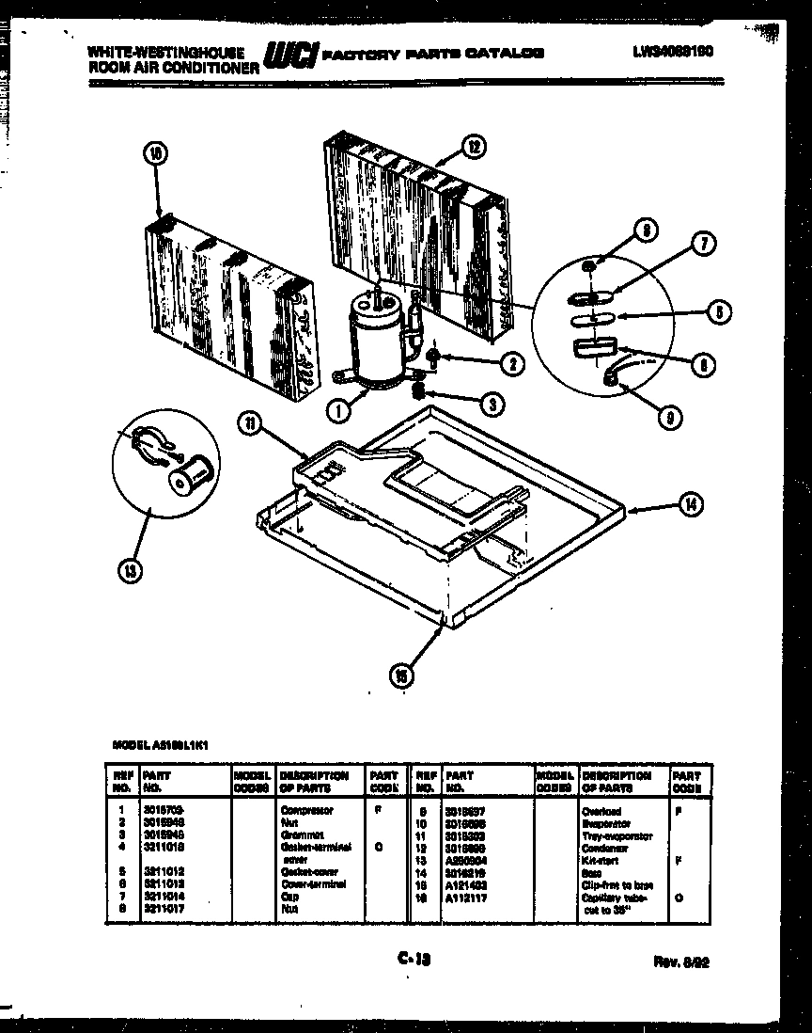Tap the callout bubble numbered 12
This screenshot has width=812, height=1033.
[474, 146]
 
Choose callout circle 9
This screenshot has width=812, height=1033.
[668, 419]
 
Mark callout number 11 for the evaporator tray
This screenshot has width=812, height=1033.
[249, 425]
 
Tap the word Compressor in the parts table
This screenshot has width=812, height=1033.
[306, 809]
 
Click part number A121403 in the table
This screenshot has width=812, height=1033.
[465, 885]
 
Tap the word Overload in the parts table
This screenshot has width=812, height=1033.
[601, 811]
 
